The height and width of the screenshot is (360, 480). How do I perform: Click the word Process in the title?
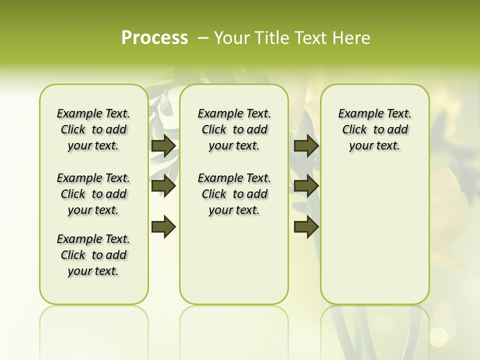pyautogui.click(x=154, y=38)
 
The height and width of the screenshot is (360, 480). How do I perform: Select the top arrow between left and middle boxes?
pyautogui.click(x=163, y=146)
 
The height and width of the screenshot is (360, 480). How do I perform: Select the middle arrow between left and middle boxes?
pyautogui.click(x=163, y=186)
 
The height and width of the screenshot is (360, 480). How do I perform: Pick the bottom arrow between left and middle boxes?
pyautogui.click(x=163, y=226)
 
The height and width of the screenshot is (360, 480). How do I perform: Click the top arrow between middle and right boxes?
pyautogui.click(x=306, y=146)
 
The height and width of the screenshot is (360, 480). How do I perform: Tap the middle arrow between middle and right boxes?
pyautogui.click(x=306, y=186)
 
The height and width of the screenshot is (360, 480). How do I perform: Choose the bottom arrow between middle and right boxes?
pyautogui.click(x=306, y=226)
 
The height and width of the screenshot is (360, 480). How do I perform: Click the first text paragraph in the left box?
pyautogui.click(x=93, y=129)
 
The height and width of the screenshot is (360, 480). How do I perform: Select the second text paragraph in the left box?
pyautogui.click(x=93, y=194)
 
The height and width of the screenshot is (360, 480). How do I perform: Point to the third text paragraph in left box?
pyautogui.click(x=93, y=255)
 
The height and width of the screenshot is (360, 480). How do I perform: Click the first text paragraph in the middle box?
pyautogui.click(x=234, y=129)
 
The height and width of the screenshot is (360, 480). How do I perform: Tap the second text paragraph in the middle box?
pyautogui.click(x=234, y=194)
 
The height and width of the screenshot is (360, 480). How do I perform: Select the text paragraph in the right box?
pyautogui.click(x=375, y=129)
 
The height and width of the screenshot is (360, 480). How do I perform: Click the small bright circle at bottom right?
pyautogui.click(x=438, y=336)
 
